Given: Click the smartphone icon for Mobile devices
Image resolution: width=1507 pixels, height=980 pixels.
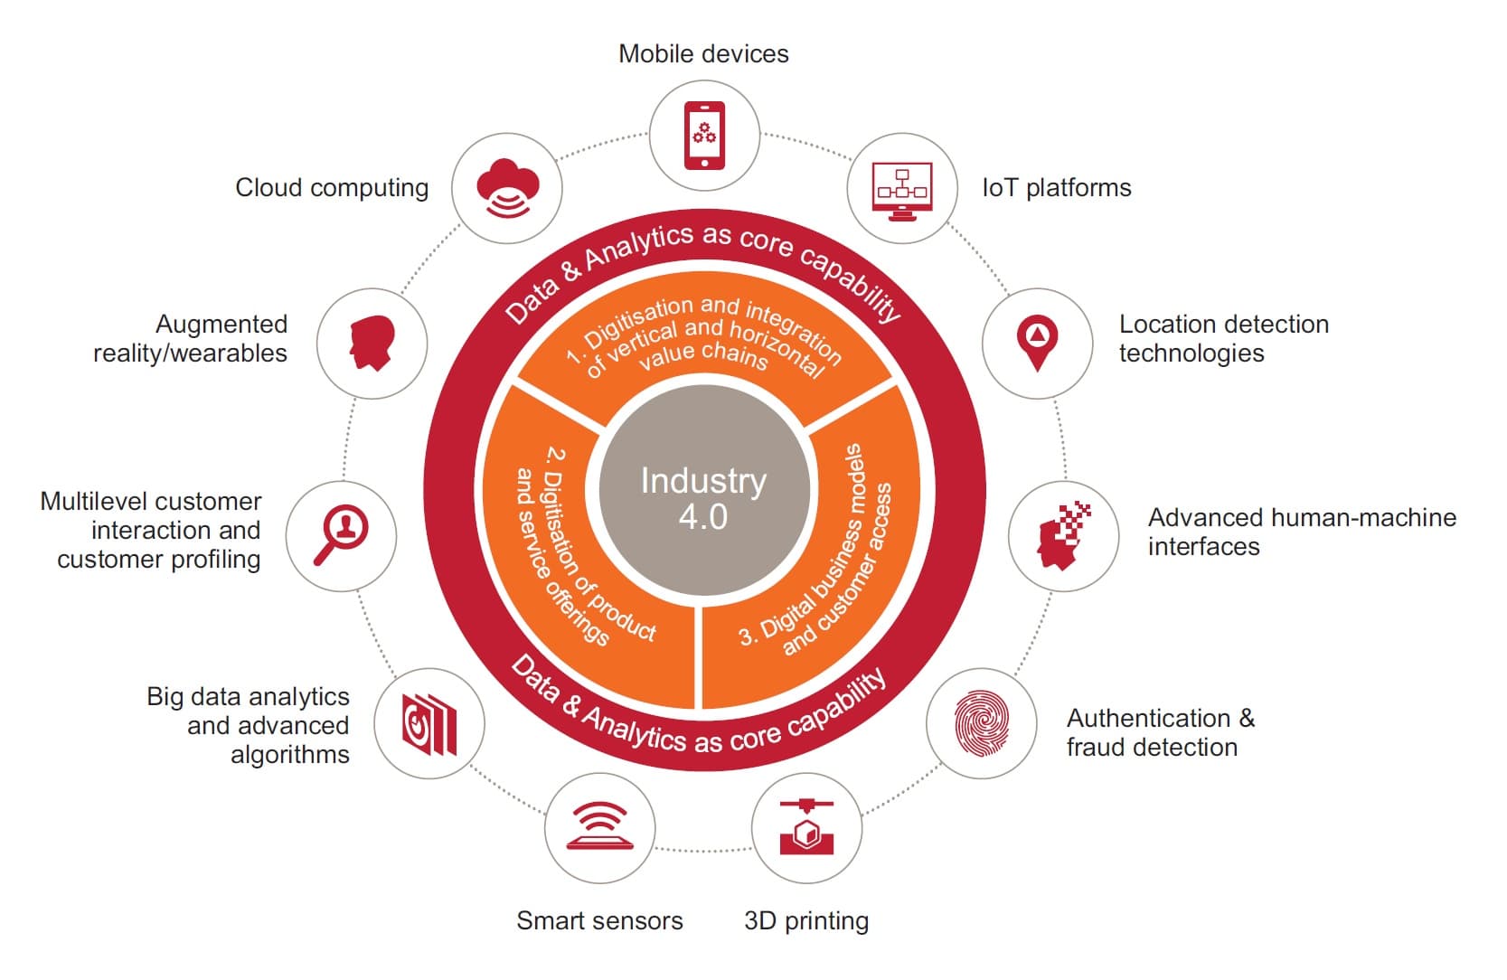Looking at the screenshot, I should pyautogui.click(x=704, y=136).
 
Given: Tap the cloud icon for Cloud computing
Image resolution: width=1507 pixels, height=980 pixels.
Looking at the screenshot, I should pyautogui.click(x=507, y=188).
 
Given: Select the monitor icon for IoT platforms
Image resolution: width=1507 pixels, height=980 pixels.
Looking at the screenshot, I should pyautogui.click(x=901, y=189).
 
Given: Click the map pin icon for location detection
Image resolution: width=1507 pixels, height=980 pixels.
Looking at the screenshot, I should pyautogui.click(x=1037, y=343).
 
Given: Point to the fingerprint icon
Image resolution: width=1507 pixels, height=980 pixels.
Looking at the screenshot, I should pyautogui.click(x=981, y=723).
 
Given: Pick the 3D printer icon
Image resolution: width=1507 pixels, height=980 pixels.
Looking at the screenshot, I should pyautogui.click(x=806, y=827).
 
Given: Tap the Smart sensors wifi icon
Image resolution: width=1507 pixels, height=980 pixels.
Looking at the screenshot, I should pyautogui.click(x=599, y=827).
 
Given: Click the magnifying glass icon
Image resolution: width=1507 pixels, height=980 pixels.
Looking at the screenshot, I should pyautogui.click(x=341, y=535).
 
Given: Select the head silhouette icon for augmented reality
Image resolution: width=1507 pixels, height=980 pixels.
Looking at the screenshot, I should pyautogui.click(x=372, y=343).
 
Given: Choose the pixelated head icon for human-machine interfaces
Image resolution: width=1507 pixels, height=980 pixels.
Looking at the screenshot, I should pyautogui.click(x=1063, y=536).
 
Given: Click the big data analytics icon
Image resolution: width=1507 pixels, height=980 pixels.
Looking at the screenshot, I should pyautogui.click(x=429, y=723).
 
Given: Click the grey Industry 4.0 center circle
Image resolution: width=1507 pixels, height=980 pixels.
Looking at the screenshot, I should pyautogui.click(x=703, y=491).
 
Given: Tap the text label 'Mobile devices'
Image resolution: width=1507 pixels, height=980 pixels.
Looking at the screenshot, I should pyautogui.click(x=703, y=54).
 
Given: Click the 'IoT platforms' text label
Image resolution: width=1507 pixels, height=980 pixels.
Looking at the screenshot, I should pyautogui.click(x=1056, y=188).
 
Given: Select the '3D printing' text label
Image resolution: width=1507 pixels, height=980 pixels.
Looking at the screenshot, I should pyautogui.click(x=806, y=921).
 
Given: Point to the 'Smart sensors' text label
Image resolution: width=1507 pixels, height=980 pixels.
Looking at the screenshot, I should pyautogui.click(x=599, y=921).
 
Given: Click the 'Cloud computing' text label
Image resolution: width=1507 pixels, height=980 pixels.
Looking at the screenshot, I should pyautogui.click(x=332, y=188).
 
